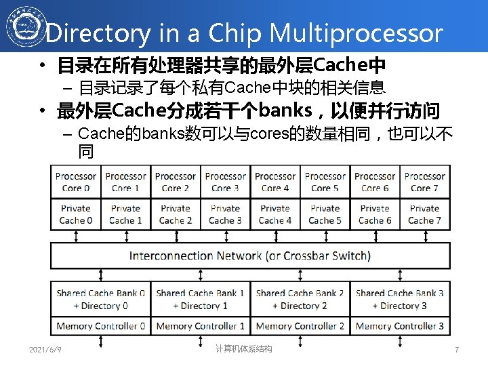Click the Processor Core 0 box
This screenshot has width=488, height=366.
[x=76, y=182]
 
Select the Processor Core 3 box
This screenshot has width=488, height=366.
[x=225, y=182]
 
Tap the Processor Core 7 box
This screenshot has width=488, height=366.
[x=425, y=182]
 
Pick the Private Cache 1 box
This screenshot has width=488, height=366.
[x=125, y=214]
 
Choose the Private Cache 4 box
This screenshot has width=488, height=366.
[x=275, y=214]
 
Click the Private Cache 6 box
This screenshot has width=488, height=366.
[x=375, y=214]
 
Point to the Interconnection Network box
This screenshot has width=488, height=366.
[x=250, y=256]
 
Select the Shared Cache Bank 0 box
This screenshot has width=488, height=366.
[x=100, y=299]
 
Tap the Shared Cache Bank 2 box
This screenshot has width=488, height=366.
[x=300, y=299]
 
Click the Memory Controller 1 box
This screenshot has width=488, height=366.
[x=200, y=326]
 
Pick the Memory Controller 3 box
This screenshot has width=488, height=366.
[x=400, y=326]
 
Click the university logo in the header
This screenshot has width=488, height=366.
[x=22, y=26]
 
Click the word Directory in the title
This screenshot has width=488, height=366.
[x=99, y=33]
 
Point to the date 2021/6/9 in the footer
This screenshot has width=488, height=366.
[x=45, y=349]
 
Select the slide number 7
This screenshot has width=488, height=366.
[x=457, y=350]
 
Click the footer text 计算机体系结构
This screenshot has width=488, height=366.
[x=243, y=348]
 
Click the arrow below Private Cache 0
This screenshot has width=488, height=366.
[x=76, y=236]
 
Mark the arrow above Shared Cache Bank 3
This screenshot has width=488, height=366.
[x=400, y=274]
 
